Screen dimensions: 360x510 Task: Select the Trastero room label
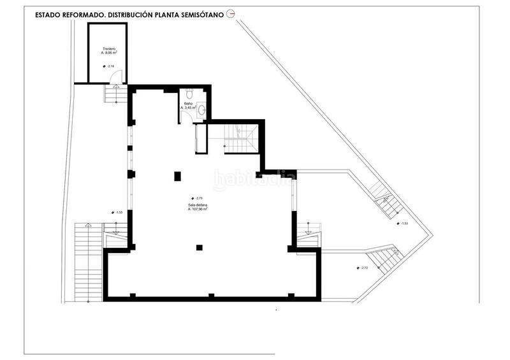[x=108, y=49]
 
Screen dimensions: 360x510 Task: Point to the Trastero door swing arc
[x=116, y=77]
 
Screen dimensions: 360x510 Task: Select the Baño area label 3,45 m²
[x=188, y=108]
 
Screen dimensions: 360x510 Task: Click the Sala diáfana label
[x=197, y=204]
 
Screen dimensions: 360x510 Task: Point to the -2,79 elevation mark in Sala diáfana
[x=197, y=198]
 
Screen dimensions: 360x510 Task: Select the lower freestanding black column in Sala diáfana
[x=200, y=247]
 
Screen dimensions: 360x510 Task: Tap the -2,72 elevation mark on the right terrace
[x=363, y=268]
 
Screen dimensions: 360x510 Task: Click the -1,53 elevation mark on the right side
[x=402, y=224]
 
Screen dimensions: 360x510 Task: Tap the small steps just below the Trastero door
[x=115, y=95]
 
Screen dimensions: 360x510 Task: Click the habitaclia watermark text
[x=253, y=180]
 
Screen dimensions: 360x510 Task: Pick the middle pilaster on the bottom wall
[x=210, y=295]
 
